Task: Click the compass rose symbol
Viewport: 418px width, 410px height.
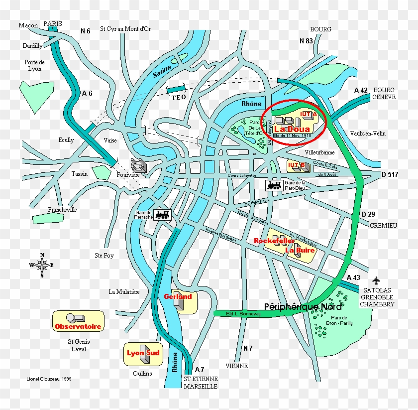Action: (42, 265)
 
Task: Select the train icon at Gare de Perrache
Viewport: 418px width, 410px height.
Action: (163, 215)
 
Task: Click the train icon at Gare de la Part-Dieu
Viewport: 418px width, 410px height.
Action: (275, 185)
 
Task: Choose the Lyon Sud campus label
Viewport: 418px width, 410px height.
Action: (143, 353)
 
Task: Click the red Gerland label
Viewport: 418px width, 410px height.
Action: (178, 296)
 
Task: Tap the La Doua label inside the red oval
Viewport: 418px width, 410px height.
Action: (292, 129)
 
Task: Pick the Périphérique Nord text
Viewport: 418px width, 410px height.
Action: (303, 307)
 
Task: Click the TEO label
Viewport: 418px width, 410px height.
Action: (179, 97)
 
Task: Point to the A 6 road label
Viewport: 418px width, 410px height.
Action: (88, 93)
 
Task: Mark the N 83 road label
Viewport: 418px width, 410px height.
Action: (306, 41)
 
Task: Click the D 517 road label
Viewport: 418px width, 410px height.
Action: (391, 174)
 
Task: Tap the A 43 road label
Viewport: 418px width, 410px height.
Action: (353, 277)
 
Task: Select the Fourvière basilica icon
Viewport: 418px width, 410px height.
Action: (138, 164)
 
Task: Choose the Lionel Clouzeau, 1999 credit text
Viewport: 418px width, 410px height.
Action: (49, 379)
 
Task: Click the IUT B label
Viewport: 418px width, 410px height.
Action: (296, 165)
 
